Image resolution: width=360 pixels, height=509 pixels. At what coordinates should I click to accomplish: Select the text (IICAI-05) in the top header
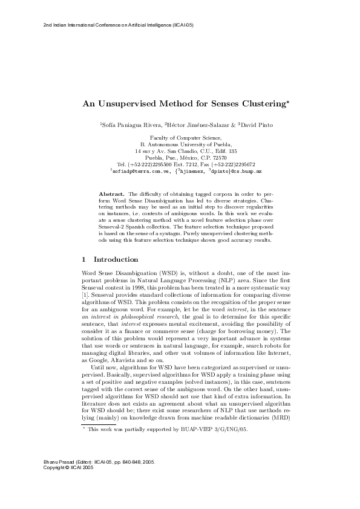[183, 25]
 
